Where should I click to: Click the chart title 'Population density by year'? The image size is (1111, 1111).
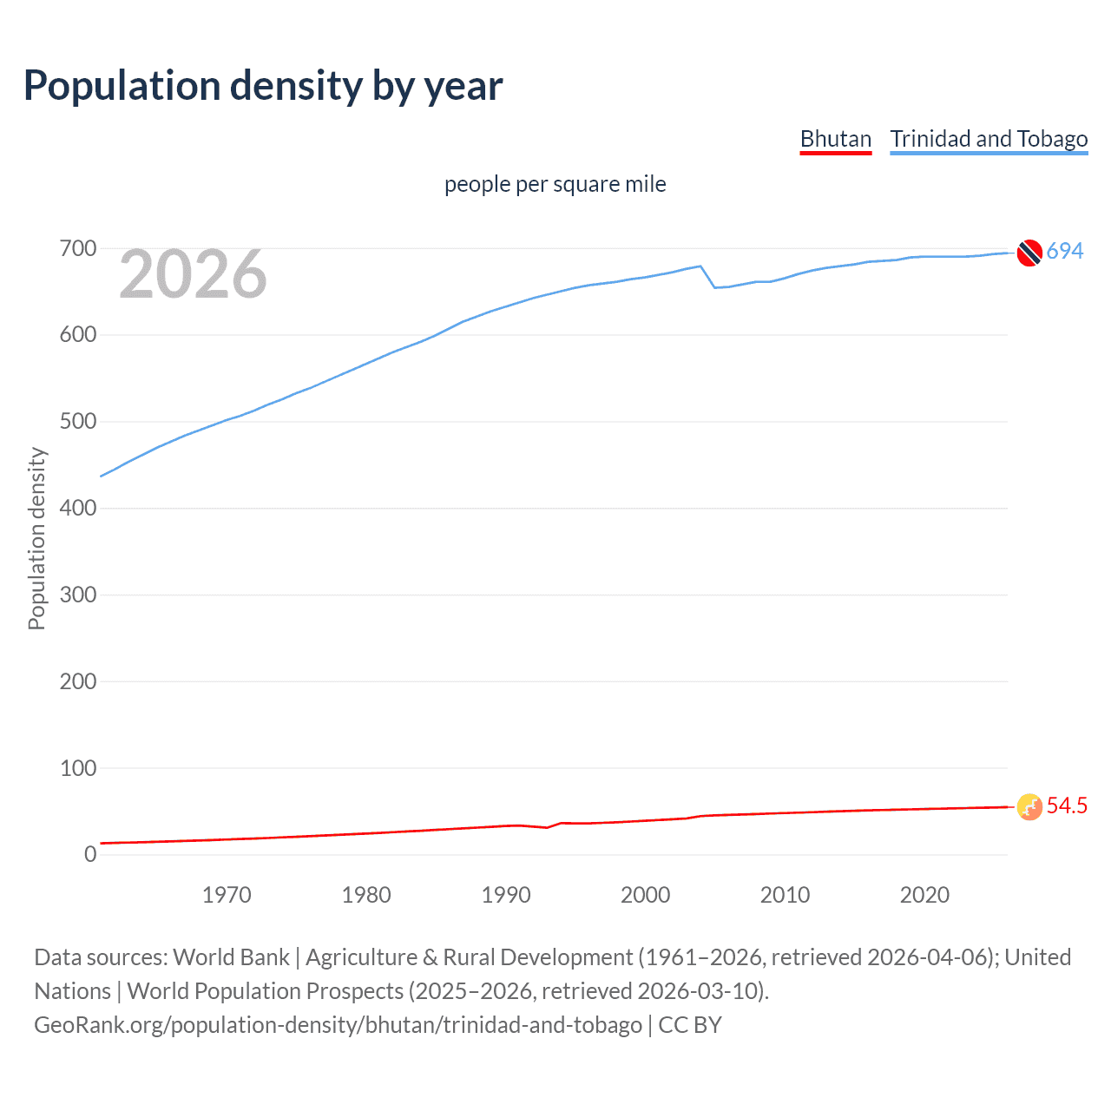[263, 86]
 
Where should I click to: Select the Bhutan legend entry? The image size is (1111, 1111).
[835, 139]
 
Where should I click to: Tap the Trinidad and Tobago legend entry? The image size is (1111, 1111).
[989, 139]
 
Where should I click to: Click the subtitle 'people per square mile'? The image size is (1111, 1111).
[555, 184]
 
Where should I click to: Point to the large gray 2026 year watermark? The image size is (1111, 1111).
[193, 275]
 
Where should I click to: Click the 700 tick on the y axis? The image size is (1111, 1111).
[77, 249]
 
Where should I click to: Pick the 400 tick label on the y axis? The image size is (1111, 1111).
[77, 509]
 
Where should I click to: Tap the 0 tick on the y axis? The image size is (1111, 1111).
[90, 855]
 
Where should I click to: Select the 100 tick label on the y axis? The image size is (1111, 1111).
[77, 768]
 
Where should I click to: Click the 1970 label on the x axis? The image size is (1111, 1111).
[227, 895]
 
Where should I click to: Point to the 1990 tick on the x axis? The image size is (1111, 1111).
[506, 895]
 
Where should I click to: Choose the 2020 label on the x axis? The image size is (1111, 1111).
[924, 895]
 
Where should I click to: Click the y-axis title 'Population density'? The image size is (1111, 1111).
[36, 538]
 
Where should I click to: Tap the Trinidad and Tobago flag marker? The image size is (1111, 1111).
[1029, 253]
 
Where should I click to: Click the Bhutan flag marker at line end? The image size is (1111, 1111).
[1029, 807]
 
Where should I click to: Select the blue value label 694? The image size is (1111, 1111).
[1065, 252]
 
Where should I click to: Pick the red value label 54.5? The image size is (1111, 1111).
[1067, 806]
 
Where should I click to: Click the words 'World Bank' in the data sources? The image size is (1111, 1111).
[231, 957]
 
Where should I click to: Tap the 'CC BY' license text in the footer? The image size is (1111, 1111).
[690, 1025]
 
